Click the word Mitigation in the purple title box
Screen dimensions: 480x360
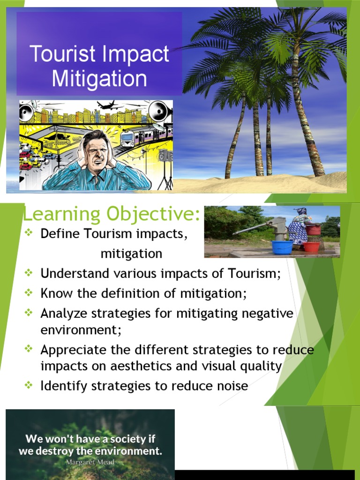pyautogui.click(x=99, y=78)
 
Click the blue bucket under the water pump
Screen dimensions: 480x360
pyautogui.click(x=282, y=247)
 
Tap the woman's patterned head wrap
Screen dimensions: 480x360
pyautogui.click(x=301, y=211)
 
